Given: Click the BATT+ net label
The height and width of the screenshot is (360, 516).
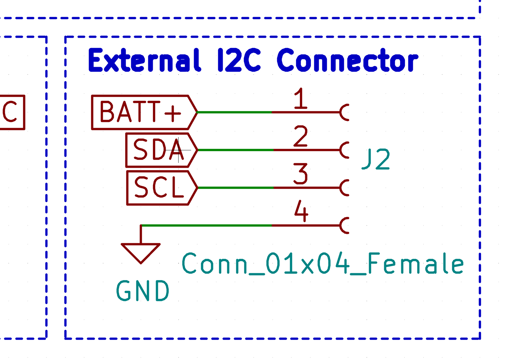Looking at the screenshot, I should coord(141,112).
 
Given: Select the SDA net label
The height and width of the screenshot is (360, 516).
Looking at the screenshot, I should coord(158,150).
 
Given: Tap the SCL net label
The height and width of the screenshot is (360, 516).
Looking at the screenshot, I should coord(159,188).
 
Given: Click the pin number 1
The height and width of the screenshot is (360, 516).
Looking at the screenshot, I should coord(300,99).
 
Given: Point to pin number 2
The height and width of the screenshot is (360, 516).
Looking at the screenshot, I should coord(300,136).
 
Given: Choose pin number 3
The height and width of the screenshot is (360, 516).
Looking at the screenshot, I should coord(300,174).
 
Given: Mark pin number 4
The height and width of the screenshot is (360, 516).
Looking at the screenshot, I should coord(301,211).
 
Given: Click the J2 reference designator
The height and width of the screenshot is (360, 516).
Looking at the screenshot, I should coord(376,159).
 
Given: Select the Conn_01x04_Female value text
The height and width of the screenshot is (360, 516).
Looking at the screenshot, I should coord(323,264).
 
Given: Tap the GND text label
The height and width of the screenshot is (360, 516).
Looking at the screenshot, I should coord(142,291).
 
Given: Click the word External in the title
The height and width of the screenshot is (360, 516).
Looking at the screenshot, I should coord(144,60).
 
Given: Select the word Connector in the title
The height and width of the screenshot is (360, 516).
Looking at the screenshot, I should coord(347,60).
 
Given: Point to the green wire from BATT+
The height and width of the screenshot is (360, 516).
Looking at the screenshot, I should coord(235,112).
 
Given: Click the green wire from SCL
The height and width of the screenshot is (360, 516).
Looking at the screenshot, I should coord(235,188).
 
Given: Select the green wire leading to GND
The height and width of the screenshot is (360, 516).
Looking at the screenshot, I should coord(206,225).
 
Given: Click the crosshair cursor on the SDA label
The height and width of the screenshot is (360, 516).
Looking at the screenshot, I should coord(178,150).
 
